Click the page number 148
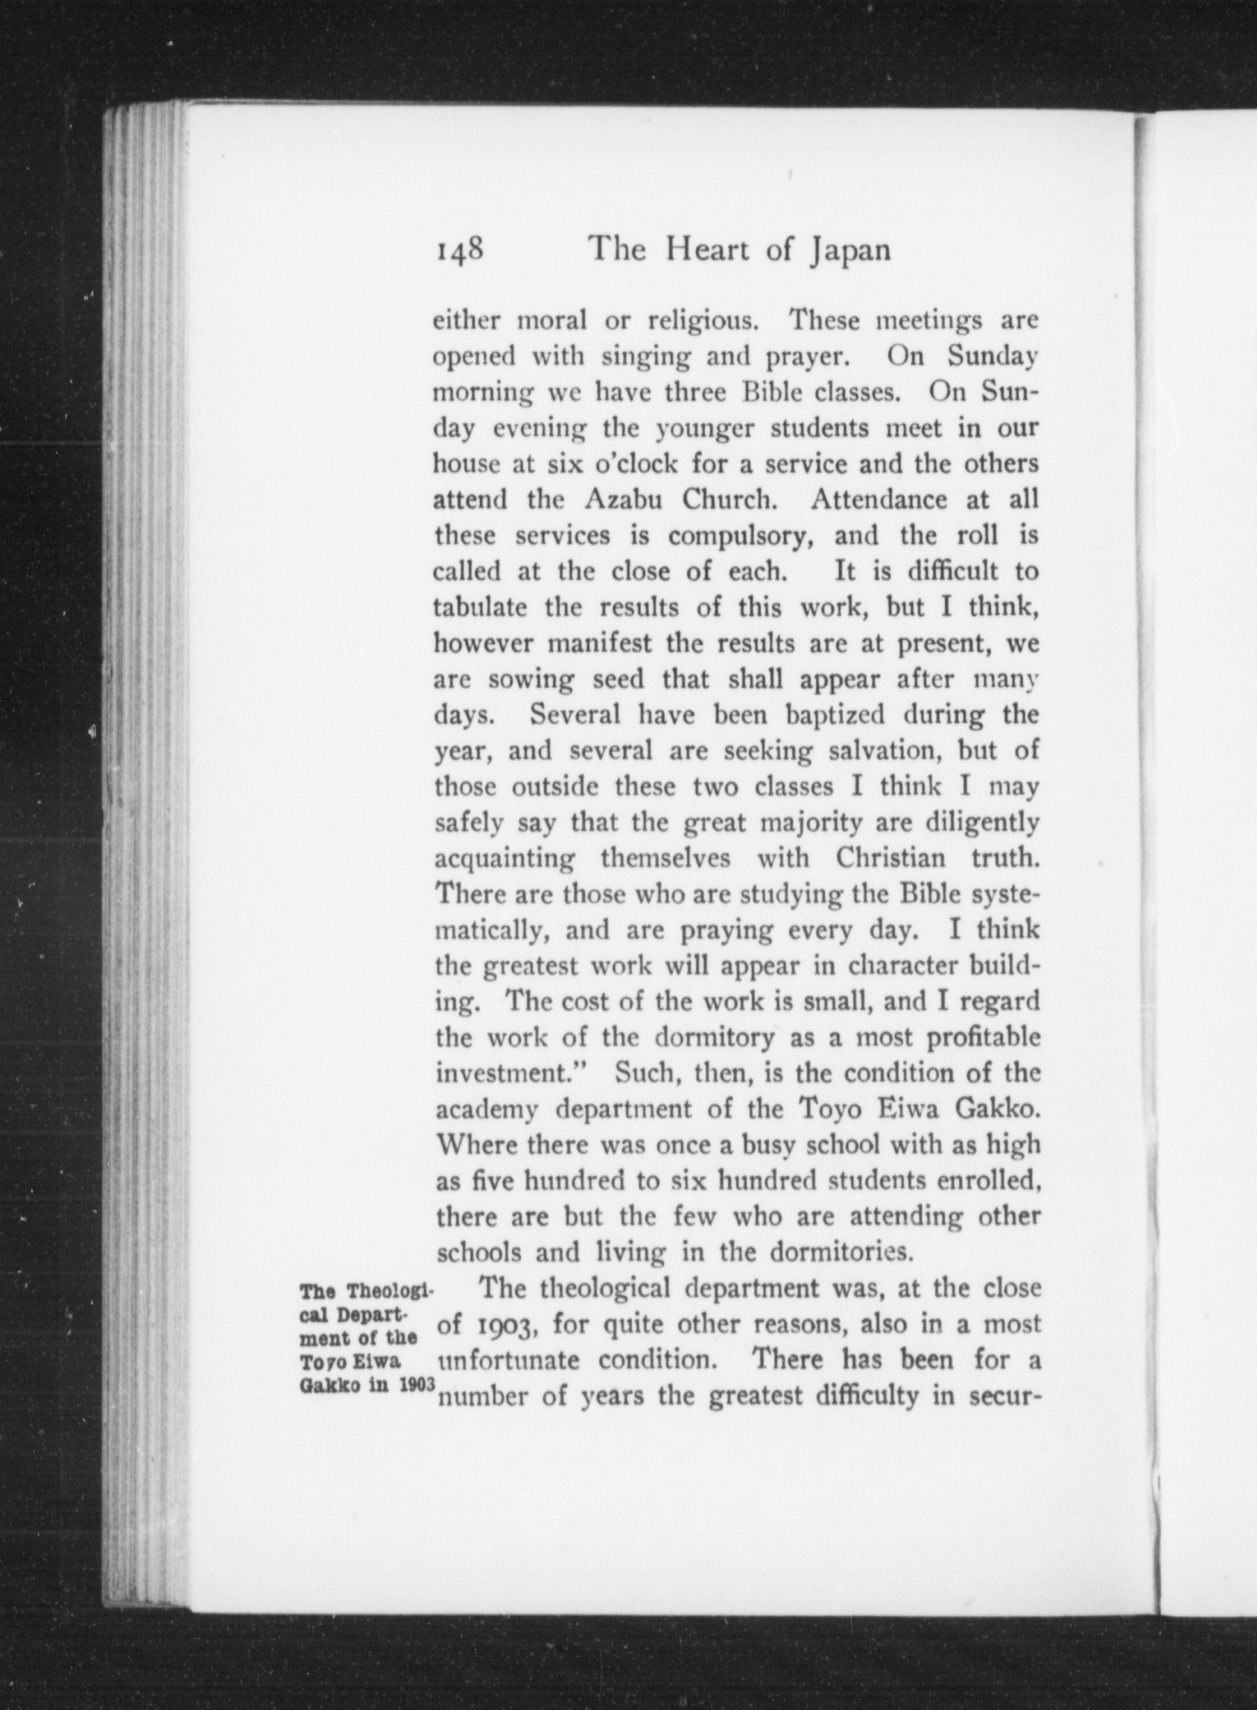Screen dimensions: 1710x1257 pyautogui.click(x=460, y=250)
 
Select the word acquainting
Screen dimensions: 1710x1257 pyautogui.click(x=504, y=860)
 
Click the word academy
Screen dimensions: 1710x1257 pyautogui.click(x=487, y=1110)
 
